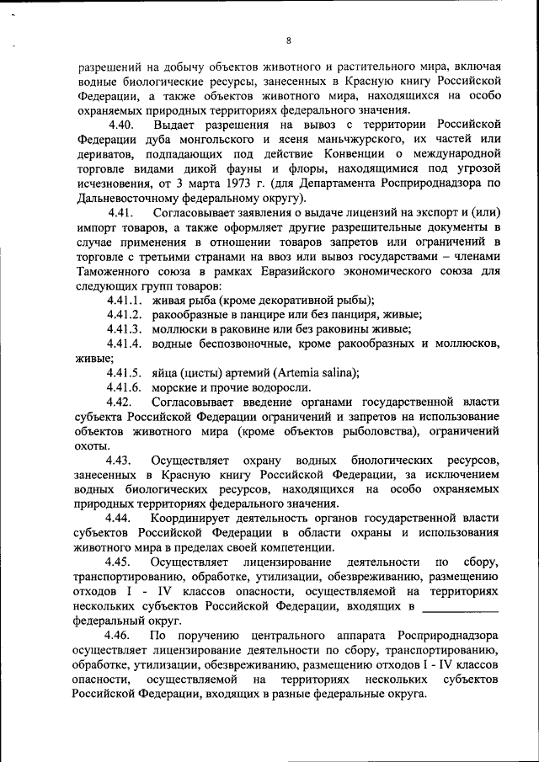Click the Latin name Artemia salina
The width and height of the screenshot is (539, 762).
click(x=314, y=373)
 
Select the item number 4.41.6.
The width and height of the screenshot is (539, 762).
click(x=124, y=387)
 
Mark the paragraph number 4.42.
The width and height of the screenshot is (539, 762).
click(x=119, y=402)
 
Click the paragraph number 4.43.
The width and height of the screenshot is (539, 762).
click(x=119, y=461)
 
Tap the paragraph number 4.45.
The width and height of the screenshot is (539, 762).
click(x=119, y=562)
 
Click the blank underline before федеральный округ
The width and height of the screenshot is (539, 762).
click(x=460, y=605)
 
